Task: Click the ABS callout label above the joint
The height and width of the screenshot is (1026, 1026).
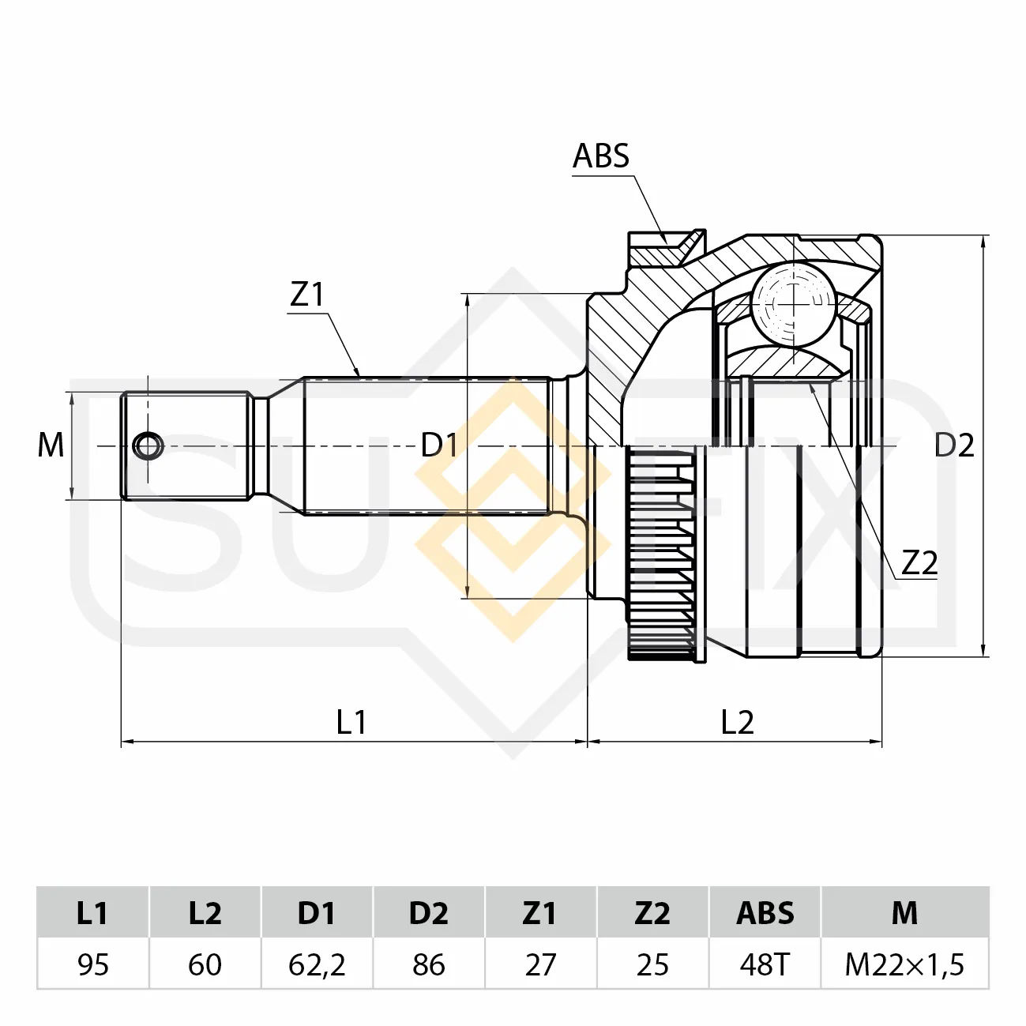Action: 600,156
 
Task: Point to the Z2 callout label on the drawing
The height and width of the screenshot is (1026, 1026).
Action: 919,562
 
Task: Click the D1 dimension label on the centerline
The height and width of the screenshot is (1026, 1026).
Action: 439,445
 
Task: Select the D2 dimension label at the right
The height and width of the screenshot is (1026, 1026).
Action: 954,445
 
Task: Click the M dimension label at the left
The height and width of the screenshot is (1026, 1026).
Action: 51,445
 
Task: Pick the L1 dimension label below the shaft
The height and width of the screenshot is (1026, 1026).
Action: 351,723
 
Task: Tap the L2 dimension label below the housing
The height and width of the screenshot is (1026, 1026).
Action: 738,723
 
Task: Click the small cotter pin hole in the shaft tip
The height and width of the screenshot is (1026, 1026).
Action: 148,445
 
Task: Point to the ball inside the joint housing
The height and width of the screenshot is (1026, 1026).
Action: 793,304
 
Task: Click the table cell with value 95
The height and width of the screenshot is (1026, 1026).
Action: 93,964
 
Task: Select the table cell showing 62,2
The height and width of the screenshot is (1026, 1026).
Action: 317,964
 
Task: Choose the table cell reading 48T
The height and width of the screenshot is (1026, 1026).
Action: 765,964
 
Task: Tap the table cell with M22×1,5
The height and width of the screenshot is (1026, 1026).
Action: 904,964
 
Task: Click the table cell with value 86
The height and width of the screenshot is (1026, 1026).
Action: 429,964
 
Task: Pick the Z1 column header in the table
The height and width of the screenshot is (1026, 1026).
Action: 540,914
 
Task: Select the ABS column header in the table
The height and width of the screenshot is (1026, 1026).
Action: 765,914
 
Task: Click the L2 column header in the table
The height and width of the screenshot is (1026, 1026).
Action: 205,914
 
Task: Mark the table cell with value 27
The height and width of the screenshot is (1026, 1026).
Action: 540,964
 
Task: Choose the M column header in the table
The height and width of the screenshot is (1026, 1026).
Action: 904,914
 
